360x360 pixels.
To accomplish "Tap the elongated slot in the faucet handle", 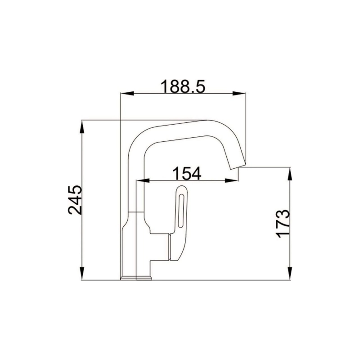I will coord(180,210).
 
